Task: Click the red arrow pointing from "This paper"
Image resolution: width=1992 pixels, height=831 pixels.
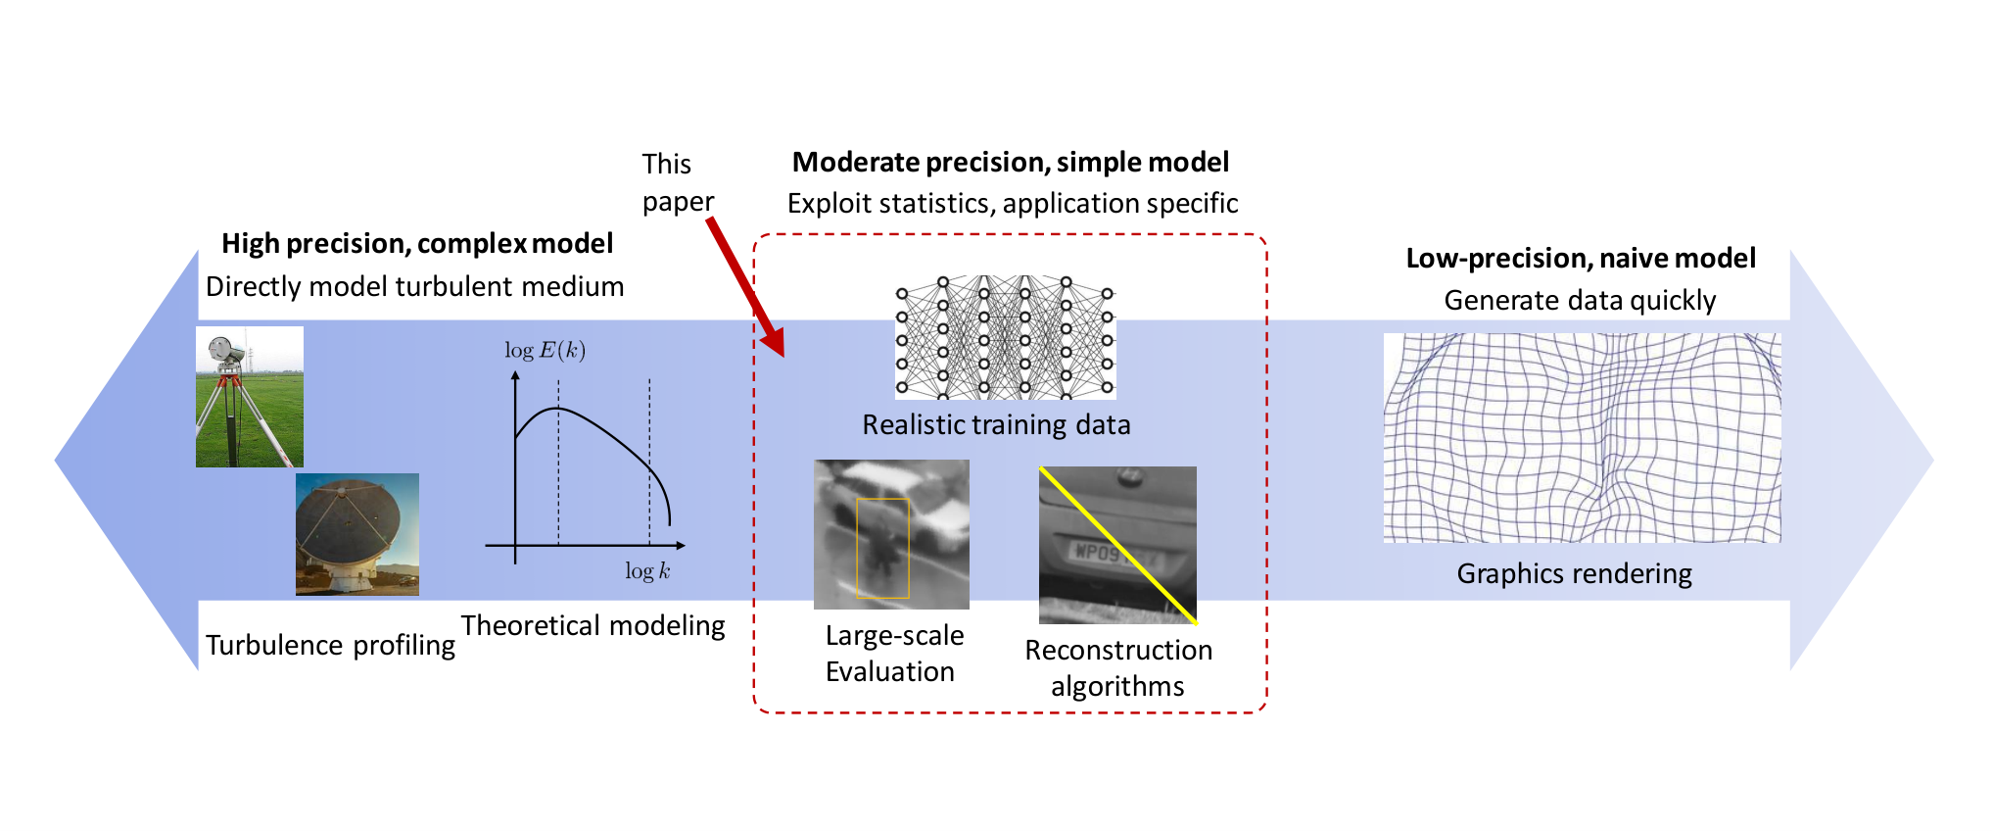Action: [x=745, y=286]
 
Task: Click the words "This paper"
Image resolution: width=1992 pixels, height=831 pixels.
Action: [x=678, y=182]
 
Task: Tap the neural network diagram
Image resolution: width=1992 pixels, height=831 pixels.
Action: [x=1005, y=338]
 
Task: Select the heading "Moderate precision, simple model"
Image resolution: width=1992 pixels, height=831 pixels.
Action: [x=1011, y=162]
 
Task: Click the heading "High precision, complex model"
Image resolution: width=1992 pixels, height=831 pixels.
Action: [x=417, y=243]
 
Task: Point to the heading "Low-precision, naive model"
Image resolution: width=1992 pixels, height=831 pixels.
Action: [x=1581, y=258]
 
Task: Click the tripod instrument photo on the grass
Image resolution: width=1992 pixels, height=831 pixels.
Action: [x=250, y=397]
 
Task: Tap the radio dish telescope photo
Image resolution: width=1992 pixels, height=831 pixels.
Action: [x=357, y=534]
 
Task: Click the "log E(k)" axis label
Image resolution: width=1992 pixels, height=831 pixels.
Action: [x=545, y=350]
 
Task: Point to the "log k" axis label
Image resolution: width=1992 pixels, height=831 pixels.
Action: [x=647, y=570]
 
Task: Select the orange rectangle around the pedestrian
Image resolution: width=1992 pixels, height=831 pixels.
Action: [x=882, y=548]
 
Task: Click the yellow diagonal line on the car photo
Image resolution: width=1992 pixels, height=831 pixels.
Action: [x=1118, y=546]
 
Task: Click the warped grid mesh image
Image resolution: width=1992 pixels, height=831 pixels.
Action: [x=1582, y=438]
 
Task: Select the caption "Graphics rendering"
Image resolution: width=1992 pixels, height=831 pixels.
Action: [x=1574, y=573]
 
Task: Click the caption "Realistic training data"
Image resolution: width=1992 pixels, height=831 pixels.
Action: [x=996, y=424]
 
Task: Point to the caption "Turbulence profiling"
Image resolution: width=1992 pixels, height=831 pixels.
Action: [x=330, y=645]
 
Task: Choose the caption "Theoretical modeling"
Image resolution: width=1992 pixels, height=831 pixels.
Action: [x=593, y=625]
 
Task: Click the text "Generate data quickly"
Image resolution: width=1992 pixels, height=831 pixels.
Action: [x=1580, y=300]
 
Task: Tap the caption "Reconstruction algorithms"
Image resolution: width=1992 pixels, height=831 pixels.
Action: [x=1118, y=667]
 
